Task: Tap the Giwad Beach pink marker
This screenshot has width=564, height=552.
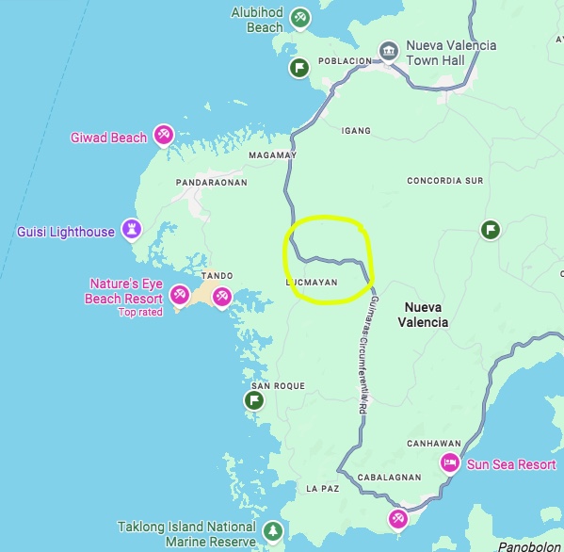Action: tap(164, 136)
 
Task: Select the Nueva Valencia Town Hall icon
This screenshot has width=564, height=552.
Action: tap(388, 50)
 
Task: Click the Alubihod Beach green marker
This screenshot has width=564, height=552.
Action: tap(299, 17)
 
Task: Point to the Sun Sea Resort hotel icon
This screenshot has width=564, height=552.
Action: tap(450, 463)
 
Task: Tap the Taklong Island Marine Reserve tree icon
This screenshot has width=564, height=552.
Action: tap(272, 531)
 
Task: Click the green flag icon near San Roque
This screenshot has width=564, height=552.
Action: tap(254, 400)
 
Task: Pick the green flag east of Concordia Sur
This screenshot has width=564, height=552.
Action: tap(490, 229)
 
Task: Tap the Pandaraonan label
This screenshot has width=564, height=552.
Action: tap(211, 182)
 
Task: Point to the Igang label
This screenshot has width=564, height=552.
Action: tap(355, 130)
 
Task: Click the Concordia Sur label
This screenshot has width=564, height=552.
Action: tap(444, 180)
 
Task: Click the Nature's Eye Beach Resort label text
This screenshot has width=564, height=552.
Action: tap(126, 290)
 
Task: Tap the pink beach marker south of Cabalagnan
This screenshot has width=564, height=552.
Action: tap(398, 518)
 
